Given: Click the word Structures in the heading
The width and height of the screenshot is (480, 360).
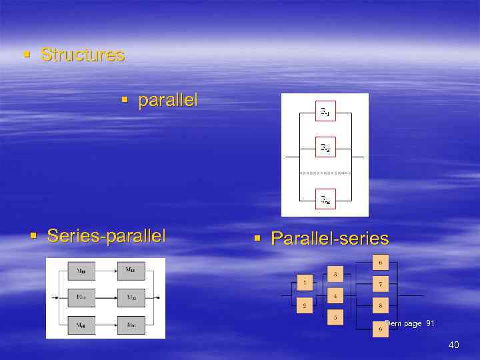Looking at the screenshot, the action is point(83,55).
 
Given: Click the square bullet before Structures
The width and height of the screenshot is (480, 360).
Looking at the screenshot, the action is point(26,54).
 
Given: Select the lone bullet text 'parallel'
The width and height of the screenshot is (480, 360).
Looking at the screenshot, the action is point(167,101).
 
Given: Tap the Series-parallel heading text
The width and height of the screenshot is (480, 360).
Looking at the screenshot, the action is point(107,235).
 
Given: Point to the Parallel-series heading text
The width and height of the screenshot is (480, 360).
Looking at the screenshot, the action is point(329,239).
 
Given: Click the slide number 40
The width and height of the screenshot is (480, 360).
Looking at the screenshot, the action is point(454,345).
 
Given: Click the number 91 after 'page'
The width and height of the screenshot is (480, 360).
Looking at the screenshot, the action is point(430,323).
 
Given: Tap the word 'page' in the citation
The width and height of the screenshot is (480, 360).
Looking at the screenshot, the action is point(412,323).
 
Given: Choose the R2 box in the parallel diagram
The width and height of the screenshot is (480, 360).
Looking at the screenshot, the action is point(325,148).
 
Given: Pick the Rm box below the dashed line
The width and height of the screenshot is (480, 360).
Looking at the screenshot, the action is point(325,199).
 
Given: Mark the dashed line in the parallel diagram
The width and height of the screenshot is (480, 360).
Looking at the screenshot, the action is point(325,173).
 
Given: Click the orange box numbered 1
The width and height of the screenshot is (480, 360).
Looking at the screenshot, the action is point(305,283).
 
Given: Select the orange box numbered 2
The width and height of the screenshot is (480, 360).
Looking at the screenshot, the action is point(305,306).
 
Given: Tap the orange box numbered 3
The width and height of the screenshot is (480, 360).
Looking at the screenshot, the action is point(335,274).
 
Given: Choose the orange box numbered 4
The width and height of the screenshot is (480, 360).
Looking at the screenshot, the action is point(335,295).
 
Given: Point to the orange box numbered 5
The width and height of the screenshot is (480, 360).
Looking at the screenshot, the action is point(335,317).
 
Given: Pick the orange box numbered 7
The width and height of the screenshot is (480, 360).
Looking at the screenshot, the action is point(379,284).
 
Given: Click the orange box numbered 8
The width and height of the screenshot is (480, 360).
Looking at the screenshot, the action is point(379,306).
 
